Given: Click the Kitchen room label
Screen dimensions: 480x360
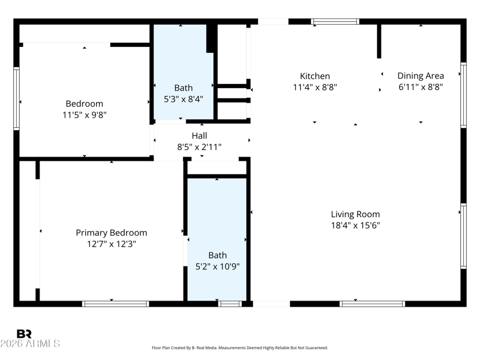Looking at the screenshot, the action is pos(314,76).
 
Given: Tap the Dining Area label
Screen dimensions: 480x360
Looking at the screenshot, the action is pos(421,76).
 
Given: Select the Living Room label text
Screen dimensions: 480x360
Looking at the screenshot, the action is pos(355,214).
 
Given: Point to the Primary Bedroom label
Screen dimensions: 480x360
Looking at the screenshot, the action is pos(112,233).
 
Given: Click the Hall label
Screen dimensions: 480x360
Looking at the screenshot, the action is pos(199,136).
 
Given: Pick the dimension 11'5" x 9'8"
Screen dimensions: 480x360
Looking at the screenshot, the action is pos(85,115).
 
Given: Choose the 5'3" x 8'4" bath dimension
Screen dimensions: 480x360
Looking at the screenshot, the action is pos(184,99).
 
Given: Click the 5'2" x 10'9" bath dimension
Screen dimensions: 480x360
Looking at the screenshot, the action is pos(217,266).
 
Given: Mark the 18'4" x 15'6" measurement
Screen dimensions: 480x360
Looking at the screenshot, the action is pos(355,226).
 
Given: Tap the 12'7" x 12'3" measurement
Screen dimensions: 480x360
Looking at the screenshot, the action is pos(112,244).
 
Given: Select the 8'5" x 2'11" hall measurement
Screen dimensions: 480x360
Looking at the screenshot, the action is pos(199,147).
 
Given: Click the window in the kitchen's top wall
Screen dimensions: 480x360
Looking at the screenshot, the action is pos(335,22).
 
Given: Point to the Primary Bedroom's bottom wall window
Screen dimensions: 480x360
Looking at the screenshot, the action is pos(115,304).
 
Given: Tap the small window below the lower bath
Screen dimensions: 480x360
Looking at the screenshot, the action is pos(230,304).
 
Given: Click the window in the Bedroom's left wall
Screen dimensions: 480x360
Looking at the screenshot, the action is pos(16,98).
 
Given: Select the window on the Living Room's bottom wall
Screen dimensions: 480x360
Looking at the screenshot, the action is pos(372,304).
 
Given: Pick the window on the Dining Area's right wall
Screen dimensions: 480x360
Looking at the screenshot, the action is pos(463,95).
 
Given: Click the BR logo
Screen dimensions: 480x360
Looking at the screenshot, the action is pos(24,334).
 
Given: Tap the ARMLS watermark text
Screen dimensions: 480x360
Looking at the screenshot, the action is pos(30,343).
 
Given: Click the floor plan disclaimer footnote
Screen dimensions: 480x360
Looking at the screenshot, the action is pos(239,348).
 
